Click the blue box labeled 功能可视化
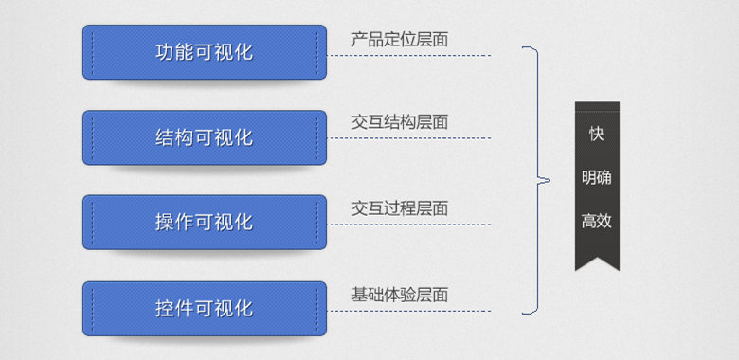[x=204, y=52]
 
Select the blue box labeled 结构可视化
[x=204, y=137]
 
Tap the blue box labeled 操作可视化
[x=204, y=223]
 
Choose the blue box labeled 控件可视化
[x=204, y=308]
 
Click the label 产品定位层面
[x=399, y=40]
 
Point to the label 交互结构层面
[x=399, y=122]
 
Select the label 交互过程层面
[x=399, y=208]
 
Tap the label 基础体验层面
[x=399, y=295]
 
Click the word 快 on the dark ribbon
[x=596, y=134]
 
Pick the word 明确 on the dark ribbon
[x=596, y=178]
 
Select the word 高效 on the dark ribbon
[x=596, y=222]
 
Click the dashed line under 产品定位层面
[x=409, y=55]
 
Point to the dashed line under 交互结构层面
[x=409, y=138]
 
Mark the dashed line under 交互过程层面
[x=409, y=225]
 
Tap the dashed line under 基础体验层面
[x=409, y=311]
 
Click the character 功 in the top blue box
[x=165, y=52]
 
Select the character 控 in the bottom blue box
[x=165, y=308]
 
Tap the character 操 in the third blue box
[x=165, y=223]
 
